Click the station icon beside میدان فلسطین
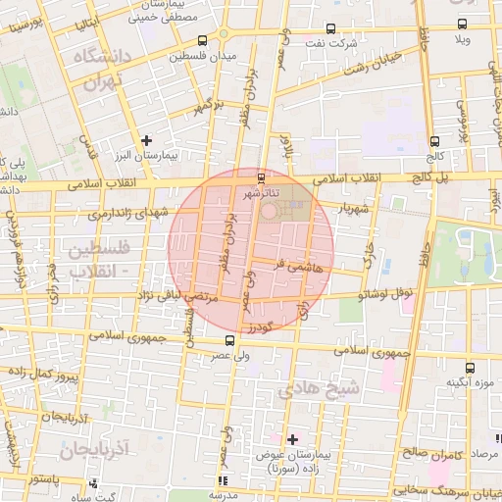click(202, 41)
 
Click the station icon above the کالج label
click(434, 141)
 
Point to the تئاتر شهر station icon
click(260, 177)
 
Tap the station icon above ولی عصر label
click(230, 340)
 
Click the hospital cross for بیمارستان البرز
click(147, 140)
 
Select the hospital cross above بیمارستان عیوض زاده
click(293, 438)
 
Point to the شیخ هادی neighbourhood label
click(320, 389)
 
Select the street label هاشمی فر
click(292, 264)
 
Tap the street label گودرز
click(265, 326)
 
